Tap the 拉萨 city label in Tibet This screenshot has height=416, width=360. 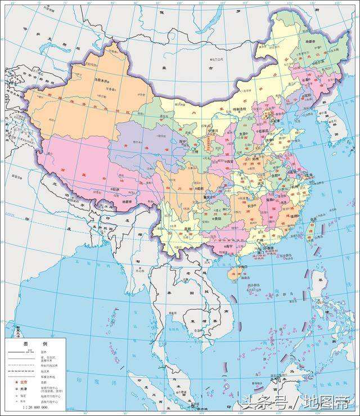point(118,190)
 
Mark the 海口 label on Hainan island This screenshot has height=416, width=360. point(242,266)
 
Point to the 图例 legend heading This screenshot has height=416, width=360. point(35,343)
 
